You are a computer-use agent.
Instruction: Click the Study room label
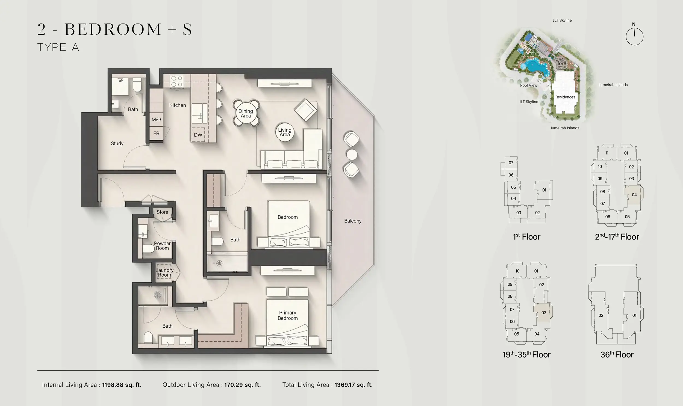(x=117, y=143)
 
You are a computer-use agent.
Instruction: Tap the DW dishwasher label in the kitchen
(x=198, y=135)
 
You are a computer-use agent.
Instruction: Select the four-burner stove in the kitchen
(x=176, y=81)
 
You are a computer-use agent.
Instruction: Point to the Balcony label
(x=353, y=221)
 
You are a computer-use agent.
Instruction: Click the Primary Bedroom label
(x=287, y=315)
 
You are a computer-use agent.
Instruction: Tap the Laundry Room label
(x=164, y=272)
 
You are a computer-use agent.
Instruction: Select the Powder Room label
(x=162, y=246)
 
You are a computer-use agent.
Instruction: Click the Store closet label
(x=162, y=212)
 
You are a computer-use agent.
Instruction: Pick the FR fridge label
(x=156, y=134)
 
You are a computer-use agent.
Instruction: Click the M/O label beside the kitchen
(x=156, y=120)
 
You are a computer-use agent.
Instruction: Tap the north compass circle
(x=634, y=37)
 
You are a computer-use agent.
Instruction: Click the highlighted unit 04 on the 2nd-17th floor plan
(x=634, y=195)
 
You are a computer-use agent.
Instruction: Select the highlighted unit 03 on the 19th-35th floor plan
(x=543, y=313)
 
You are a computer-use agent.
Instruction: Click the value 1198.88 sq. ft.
(x=122, y=385)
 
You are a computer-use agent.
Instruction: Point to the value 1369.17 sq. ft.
(x=354, y=385)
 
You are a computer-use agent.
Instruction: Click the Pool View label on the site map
(x=528, y=85)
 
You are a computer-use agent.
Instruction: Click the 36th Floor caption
(x=617, y=355)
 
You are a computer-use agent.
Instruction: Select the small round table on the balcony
(x=352, y=155)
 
